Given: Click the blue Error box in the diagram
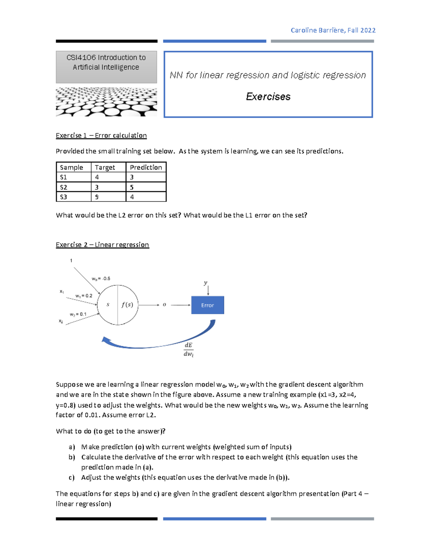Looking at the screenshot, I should pyautogui.click(x=207, y=305).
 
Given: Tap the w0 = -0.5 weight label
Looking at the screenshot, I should pyautogui.click(x=101, y=279).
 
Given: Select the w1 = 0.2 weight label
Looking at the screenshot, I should pyautogui.click(x=84, y=296).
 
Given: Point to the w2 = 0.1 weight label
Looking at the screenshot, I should pyautogui.click(x=78, y=314).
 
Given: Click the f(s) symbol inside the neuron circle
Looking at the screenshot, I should pyautogui.click(x=127, y=305).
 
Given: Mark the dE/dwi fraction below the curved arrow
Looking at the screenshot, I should pyautogui.click(x=189, y=350).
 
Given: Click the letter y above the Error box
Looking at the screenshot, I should pyautogui.click(x=206, y=283).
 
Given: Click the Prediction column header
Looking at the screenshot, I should pyautogui.click(x=146, y=167).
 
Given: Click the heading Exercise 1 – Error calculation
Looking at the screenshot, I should pyautogui.click(x=101, y=136).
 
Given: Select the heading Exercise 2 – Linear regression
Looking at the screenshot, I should pyautogui.click(x=102, y=245).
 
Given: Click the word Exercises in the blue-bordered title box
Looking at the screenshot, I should pyautogui.click(x=268, y=96).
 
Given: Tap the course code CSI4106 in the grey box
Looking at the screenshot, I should pyautogui.click(x=81, y=58).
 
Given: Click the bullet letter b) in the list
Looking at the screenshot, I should pyautogui.click(x=72, y=457).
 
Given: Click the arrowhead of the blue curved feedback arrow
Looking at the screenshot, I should pyautogui.click(x=105, y=340).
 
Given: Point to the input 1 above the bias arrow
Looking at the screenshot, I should pyautogui.click(x=71, y=261).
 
